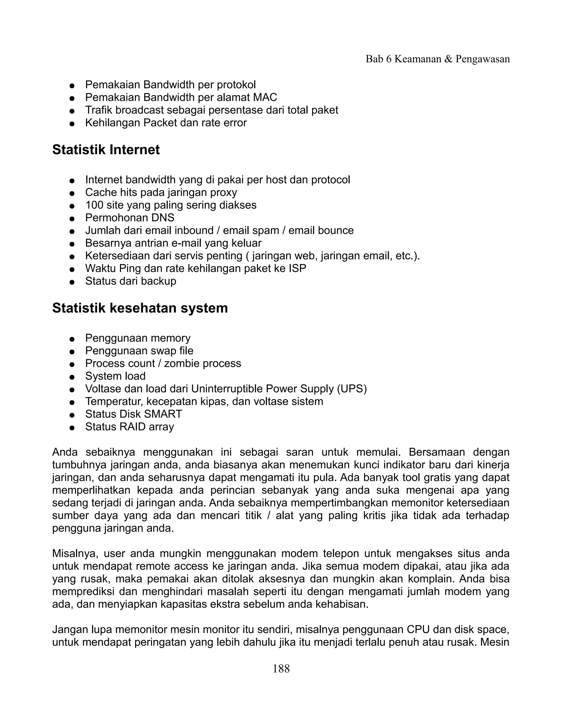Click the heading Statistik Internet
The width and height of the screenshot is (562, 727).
coord(106,150)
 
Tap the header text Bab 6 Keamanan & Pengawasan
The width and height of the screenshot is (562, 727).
coord(437,59)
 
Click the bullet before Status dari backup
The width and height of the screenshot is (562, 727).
coord(72,282)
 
